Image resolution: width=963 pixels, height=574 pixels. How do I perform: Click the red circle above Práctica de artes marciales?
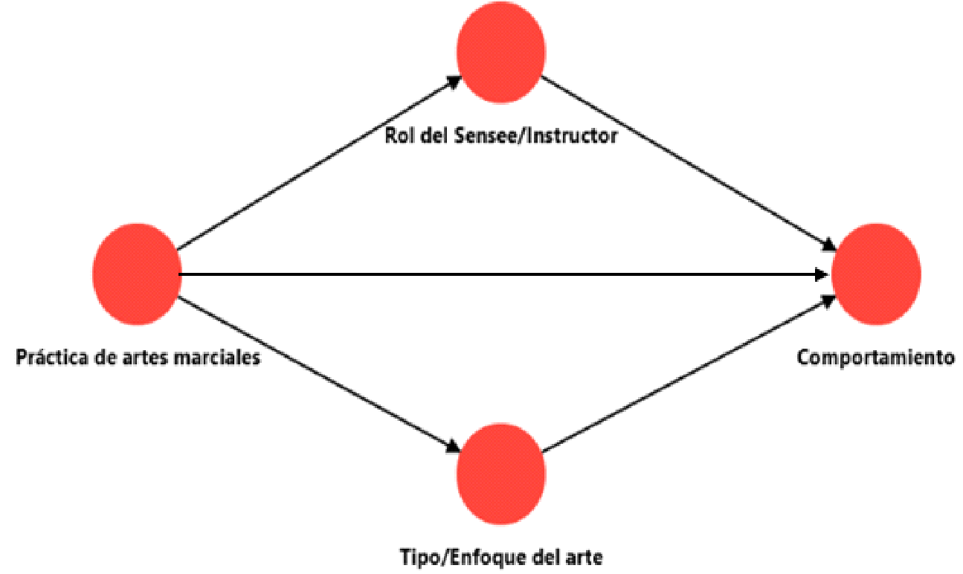[137, 274]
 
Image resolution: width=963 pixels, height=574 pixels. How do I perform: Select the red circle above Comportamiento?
[875, 274]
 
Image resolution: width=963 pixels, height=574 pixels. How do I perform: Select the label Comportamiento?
[875, 358]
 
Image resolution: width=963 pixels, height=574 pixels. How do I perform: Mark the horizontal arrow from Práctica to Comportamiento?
[498, 274]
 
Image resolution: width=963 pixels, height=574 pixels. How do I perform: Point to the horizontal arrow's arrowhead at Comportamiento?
[822, 274]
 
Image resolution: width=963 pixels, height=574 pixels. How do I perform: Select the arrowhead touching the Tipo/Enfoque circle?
[453, 448]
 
